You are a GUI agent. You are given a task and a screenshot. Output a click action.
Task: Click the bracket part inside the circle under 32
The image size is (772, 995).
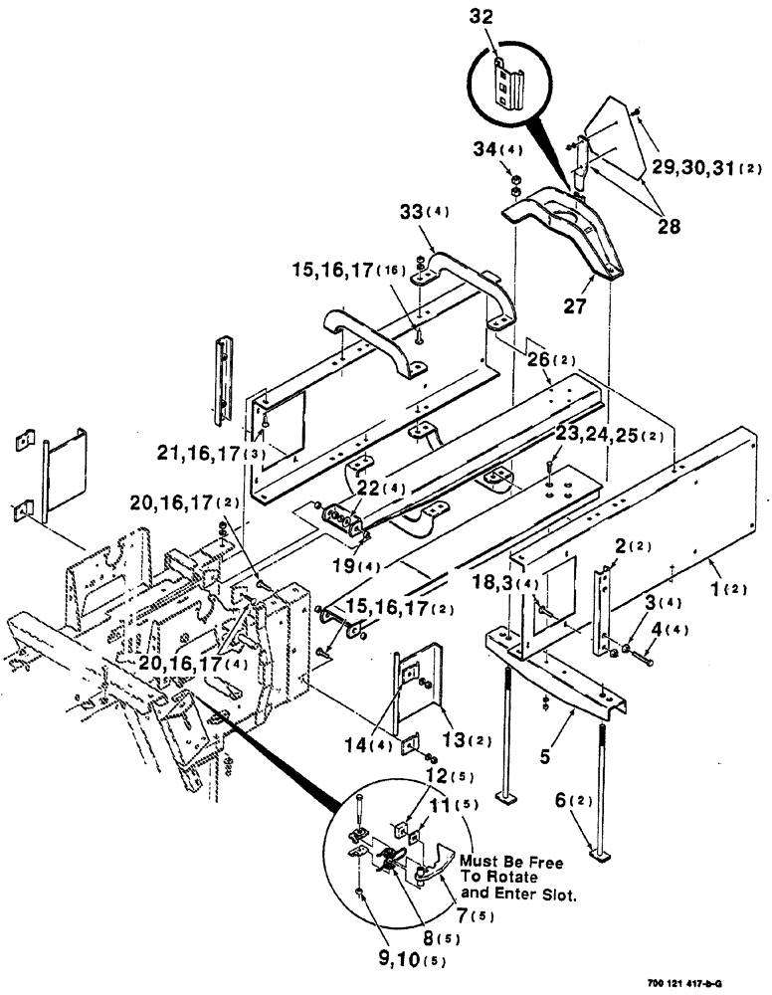509,85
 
